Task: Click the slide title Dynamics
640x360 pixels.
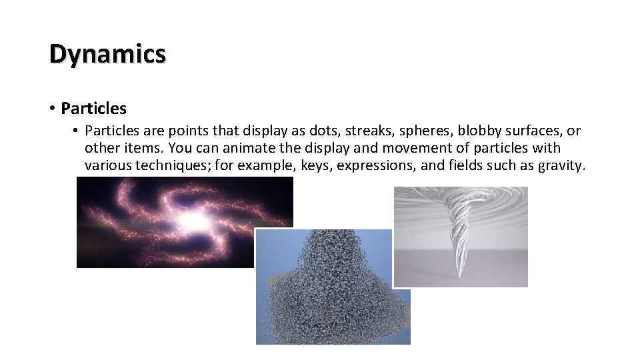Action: (x=107, y=54)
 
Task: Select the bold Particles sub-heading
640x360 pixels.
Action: (x=93, y=107)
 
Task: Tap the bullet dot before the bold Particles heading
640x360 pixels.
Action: (x=51, y=107)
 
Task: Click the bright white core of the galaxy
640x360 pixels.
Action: (x=191, y=221)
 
